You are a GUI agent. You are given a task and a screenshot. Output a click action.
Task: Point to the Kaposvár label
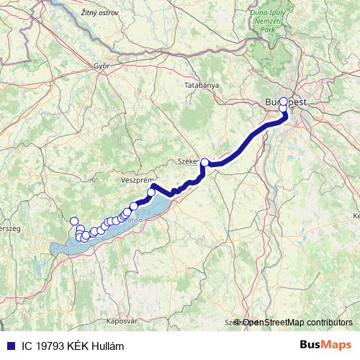(100, 319)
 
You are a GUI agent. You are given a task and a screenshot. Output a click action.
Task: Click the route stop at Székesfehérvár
(205, 163)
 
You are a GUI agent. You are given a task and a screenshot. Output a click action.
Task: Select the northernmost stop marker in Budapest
(284, 102)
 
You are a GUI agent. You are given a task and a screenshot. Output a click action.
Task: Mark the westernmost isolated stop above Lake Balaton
(73, 221)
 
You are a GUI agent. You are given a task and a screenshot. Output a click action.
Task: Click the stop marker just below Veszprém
(151, 192)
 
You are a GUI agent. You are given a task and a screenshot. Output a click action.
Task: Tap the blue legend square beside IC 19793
(11, 345)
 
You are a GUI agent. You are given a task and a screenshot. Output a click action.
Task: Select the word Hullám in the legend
(106, 345)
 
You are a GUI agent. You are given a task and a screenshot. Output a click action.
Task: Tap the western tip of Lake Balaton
(53, 250)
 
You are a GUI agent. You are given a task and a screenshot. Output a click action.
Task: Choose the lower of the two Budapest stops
(283, 110)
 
